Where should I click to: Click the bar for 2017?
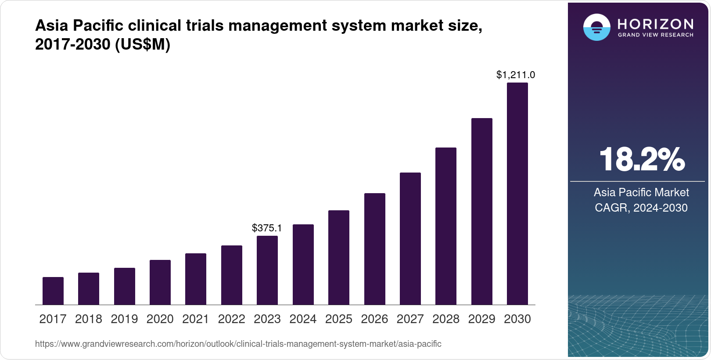click(x=53, y=291)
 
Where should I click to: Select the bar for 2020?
click(x=160, y=282)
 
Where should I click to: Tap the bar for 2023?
click(x=267, y=270)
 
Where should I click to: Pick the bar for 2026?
click(x=375, y=249)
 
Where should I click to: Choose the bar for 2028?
click(x=446, y=226)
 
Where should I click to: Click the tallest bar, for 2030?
click(x=517, y=194)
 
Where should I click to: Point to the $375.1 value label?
click(x=267, y=228)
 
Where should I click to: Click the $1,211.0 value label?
click(x=516, y=75)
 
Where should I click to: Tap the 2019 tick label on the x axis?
click(x=124, y=319)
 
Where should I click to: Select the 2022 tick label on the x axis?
click(x=231, y=319)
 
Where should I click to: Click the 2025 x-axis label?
click(x=339, y=319)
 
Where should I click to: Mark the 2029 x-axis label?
click(x=481, y=319)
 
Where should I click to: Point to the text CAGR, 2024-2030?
click(x=641, y=208)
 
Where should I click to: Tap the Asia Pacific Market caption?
click(x=641, y=192)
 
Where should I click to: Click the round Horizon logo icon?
click(x=597, y=27)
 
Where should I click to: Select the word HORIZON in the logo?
click(x=656, y=24)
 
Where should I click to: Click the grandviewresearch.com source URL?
click(x=238, y=344)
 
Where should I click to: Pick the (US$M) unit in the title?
click(x=142, y=44)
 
